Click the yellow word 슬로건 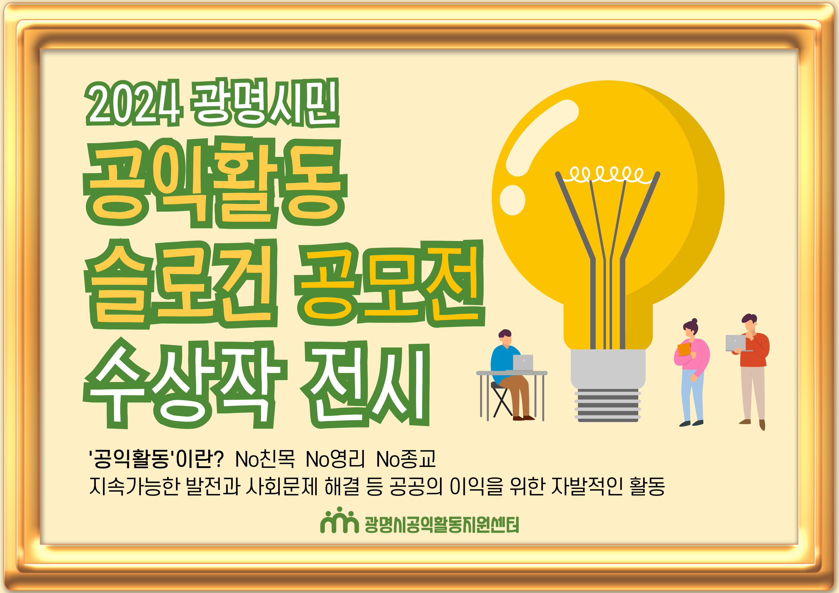pos(181,283)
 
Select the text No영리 pos(335,459)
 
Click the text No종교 pos(406,459)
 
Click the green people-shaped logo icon pos(339,520)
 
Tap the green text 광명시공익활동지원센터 pos(442,525)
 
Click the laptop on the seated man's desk pos(523,363)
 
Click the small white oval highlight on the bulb pos(512,200)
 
